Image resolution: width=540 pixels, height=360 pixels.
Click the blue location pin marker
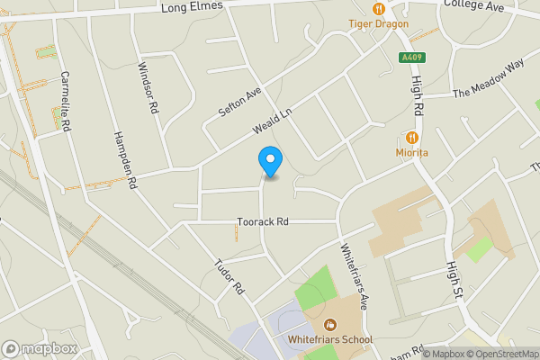pos(269,160)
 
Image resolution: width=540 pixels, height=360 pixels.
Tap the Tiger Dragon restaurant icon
pos(378,8)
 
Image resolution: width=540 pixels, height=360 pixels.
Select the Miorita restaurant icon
pos(412,138)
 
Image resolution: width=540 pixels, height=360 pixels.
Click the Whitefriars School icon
pos(330,324)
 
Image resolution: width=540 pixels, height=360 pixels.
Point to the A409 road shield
pos(411,58)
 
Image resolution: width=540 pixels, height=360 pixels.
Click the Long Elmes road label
pos(192,8)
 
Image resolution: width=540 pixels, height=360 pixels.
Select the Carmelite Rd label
pos(65,102)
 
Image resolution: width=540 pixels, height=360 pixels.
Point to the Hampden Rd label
pos(124,158)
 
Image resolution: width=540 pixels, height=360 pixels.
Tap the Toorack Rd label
pos(263,221)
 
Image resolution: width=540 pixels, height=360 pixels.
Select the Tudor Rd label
pos(229,277)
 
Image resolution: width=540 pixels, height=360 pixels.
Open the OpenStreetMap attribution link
pos(496,354)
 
